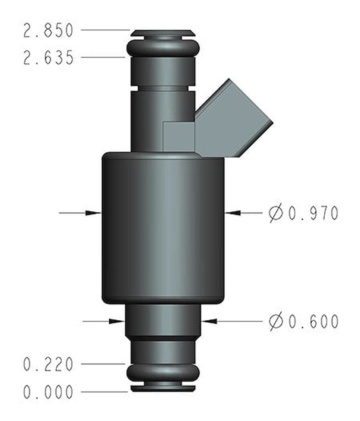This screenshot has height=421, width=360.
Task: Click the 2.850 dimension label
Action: coord(48,31)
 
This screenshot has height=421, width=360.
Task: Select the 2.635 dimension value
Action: coord(48,58)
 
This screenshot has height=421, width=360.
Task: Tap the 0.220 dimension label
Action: coord(48,364)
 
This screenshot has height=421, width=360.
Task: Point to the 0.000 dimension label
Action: coord(48,392)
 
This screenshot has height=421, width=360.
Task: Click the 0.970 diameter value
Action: coord(313,213)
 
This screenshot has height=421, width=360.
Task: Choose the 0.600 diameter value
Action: coord(313,322)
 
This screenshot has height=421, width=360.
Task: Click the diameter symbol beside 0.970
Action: coord(276,213)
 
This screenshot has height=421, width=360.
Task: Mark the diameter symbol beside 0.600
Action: coord(276,322)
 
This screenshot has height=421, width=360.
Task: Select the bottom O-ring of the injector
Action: coord(163,372)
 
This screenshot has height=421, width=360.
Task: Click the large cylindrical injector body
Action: coord(163,228)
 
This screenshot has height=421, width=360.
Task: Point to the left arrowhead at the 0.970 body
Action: coord(93,213)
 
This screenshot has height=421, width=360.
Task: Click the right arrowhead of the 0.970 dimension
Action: coord(233,213)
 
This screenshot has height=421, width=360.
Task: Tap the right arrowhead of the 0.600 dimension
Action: coord(209,321)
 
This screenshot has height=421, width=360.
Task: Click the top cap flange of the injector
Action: coord(163,32)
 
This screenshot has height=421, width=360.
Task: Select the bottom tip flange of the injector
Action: coord(163,388)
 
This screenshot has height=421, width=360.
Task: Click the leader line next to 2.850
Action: coord(105,30)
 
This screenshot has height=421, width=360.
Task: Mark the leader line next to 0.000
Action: coord(105,392)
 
